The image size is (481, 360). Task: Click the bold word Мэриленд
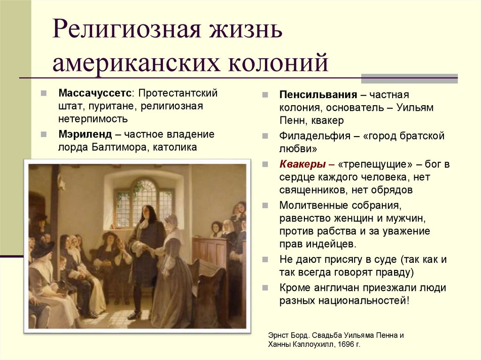click(x=85, y=134)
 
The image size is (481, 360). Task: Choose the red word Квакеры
click(x=303, y=164)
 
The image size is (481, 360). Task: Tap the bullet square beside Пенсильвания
click(x=266, y=95)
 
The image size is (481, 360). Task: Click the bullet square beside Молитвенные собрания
click(x=266, y=206)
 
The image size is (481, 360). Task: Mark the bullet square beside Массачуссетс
click(x=43, y=93)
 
